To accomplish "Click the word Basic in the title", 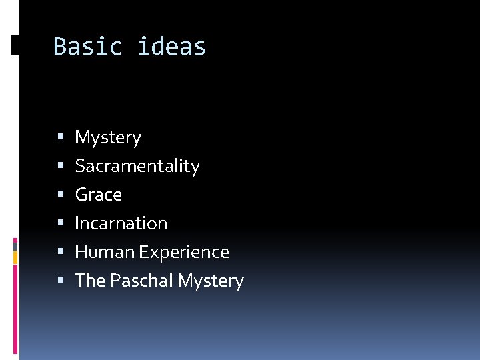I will (87, 47).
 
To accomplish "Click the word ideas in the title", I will (172, 47).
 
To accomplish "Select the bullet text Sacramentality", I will (137, 166).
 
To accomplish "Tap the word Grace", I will (99, 195).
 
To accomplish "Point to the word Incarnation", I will (121, 223).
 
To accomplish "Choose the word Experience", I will (185, 252).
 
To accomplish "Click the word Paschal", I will (142, 281).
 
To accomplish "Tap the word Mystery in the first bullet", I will (108, 138).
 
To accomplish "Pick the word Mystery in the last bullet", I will (211, 281).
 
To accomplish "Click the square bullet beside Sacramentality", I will (61, 166).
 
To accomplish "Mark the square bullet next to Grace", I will (61, 195).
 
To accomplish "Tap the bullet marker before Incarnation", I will (61, 223).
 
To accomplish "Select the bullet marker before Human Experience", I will (61, 252).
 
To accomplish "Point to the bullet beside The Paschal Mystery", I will (61, 281).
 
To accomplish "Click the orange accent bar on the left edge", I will (16, 257).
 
